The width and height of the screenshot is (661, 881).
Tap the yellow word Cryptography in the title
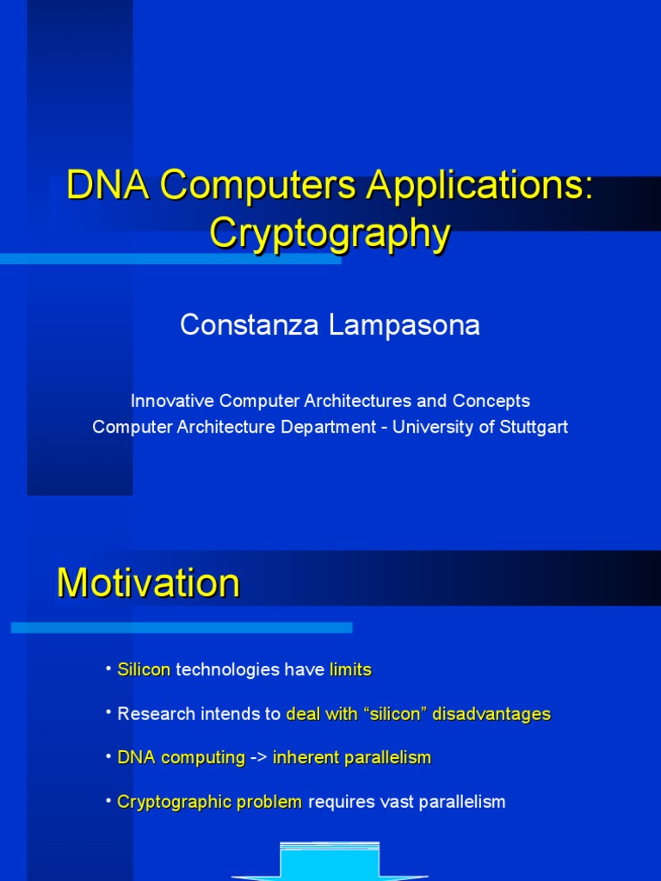pyautogui.click(x=330, y=233)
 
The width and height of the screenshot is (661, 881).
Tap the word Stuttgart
pyautogui.click(x=534, y=427)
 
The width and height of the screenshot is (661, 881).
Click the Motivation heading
pyautogui.click(x=148, y=584)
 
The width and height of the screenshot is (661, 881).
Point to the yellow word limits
pyautogui.click(x=350, y=669)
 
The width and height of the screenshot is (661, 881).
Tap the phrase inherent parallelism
pyautogui.click(x=351, y=758)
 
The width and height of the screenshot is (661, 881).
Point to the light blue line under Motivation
pyautogui.click(x=182, y=628)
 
